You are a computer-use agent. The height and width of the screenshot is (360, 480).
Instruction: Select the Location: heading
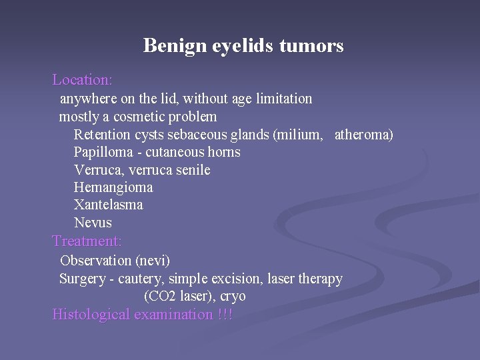point(82,80)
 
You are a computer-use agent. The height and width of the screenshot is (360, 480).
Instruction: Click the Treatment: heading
point(87,241)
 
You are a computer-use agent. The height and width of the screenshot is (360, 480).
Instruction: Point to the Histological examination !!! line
point(143,315)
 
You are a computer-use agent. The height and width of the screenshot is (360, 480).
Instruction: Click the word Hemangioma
point(113,188)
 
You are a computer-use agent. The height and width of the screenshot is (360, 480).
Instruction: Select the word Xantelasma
point(108,205)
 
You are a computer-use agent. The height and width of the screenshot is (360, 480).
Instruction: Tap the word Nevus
point(93,223)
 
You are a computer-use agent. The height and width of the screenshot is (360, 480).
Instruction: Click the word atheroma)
point(363,135)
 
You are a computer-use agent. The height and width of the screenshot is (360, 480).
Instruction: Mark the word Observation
point(95,260)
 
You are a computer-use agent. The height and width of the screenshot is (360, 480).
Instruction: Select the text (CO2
point(161,297)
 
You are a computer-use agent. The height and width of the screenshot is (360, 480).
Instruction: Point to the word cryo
point(233,297)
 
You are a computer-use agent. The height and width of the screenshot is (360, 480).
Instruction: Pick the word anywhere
point(88,99)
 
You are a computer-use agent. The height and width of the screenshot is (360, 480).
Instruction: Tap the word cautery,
point(142,279)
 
